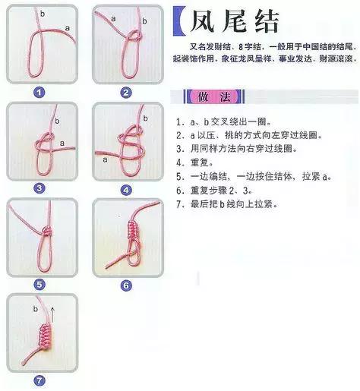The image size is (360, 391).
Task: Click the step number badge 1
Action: (39, 93)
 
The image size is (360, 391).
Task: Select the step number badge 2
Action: (126, 93)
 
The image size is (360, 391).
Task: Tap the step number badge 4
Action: (126, 189)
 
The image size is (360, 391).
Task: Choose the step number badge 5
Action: (39, 284)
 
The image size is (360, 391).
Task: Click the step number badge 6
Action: (126, 285)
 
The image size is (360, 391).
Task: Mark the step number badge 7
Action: (39, 380)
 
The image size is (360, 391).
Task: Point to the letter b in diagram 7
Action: (36, 310)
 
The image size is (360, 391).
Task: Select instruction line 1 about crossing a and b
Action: (227, 121)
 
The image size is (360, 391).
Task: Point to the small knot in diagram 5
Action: (45, 229)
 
